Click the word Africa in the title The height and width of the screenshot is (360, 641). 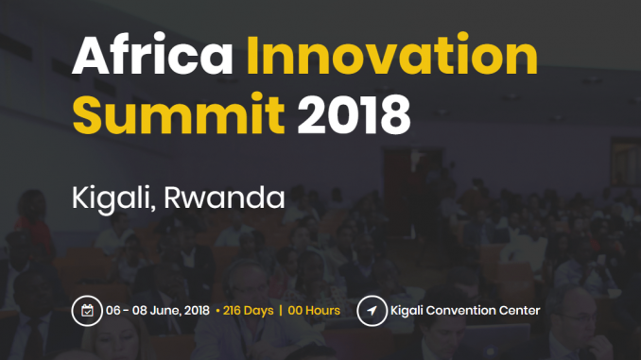pyautogui.click(x=152, y=55)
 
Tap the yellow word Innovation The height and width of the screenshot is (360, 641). pyautogui.click(x=392, y=55)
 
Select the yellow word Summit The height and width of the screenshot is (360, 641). pyautogui.click(x=179, y=113)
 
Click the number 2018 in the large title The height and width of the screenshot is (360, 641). pyautogui.click(x=354, y=114)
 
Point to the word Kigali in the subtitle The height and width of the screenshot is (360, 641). pyautogui.click(x=113, y=198)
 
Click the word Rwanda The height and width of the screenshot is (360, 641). pyautogui.click(x=224, y=197)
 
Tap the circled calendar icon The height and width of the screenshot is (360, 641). pyautogui.click(x=87, y=311)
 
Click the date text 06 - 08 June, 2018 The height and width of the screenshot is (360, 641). pyautogui.click(x=158, y=311)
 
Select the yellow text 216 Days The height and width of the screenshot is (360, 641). pyautogui.click(x=248, y=311)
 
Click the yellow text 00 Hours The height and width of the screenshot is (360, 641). pyautogui.click(x=314, y=311)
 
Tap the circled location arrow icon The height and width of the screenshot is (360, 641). pyautogui.click(x=372, y=311)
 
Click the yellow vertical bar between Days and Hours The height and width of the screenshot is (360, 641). pyautogui.click(x=281, y=311)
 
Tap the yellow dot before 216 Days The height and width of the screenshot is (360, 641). pyautogui.click(x=217, y=312)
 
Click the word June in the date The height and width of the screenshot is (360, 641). pyautogui.click(x=165, y=311)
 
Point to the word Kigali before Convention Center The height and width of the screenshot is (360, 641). pyautogui.click(x=407, y=311)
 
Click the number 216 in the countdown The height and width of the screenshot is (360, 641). pyautogui.click(x=232, y=311)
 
